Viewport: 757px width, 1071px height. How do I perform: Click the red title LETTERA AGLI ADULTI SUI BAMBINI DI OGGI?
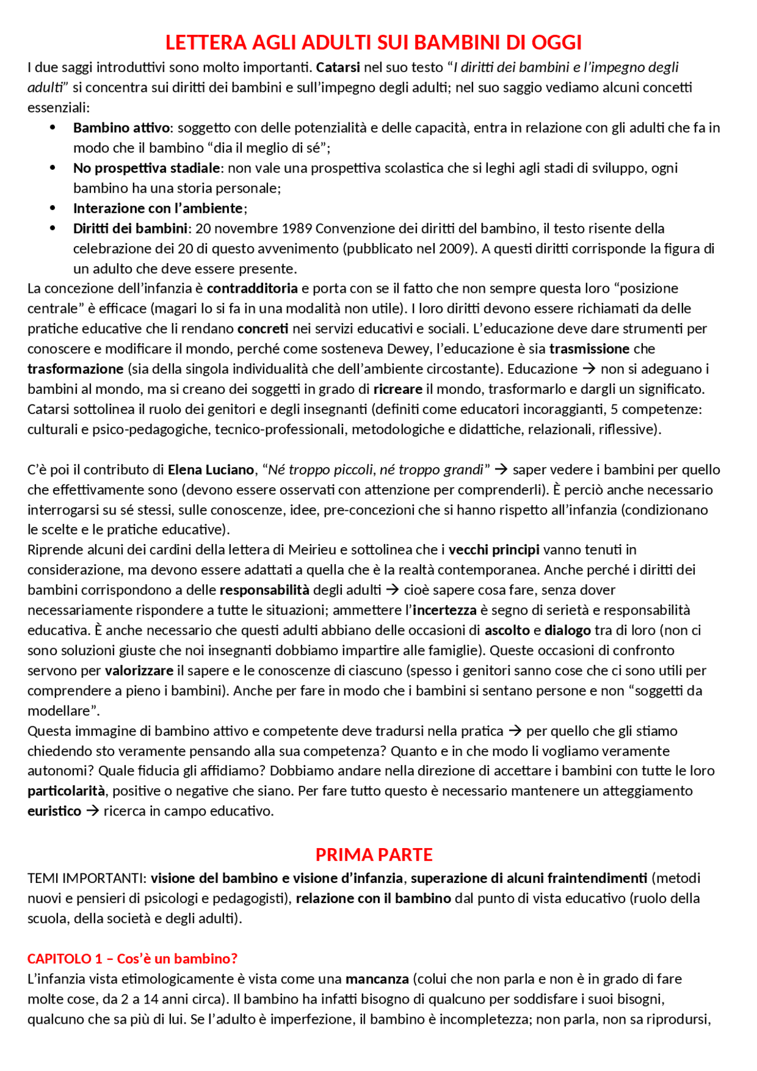point(374,43)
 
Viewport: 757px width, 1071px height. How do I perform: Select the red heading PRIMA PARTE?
point(374,855)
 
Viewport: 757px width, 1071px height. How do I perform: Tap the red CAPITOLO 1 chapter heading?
point(132,959)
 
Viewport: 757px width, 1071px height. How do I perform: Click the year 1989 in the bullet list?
point(297,228)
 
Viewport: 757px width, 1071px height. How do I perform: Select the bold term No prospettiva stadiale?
point(147,168)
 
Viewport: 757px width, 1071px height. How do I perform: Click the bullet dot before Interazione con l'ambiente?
point(53,208)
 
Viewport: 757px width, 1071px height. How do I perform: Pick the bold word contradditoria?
point(253,289)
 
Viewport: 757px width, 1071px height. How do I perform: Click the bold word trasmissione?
point(590,349)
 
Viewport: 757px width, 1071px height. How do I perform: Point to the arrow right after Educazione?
point(588,369)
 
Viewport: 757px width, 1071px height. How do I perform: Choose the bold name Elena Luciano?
point(211,470)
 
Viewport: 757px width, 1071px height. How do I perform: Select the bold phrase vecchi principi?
point(494,550)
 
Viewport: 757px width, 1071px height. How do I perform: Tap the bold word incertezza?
point(445,610)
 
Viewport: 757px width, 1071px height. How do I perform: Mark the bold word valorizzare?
point(140,671)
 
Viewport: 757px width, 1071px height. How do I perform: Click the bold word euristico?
point(54,811)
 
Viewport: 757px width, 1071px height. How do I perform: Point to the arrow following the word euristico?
point(93,811)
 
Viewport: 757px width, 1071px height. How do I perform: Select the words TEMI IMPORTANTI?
point(86,878)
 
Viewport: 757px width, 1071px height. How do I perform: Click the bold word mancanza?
point(377,979)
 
